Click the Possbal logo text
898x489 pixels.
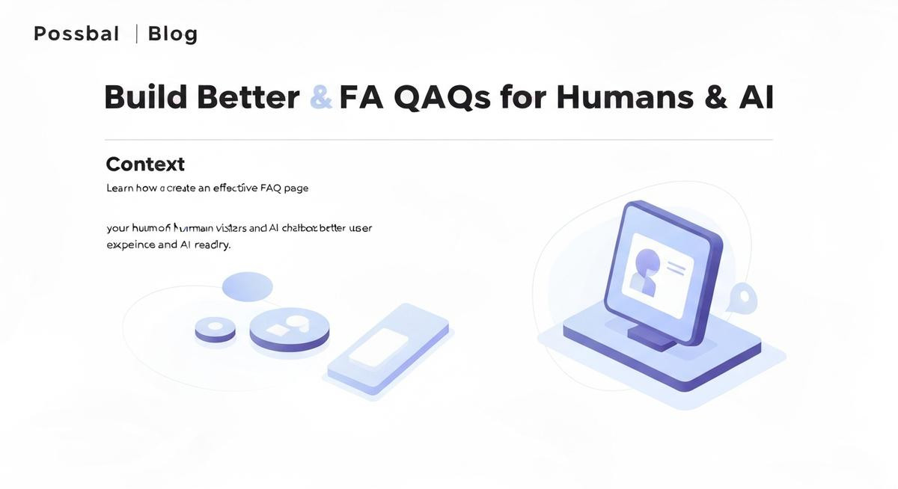tap(76, 34)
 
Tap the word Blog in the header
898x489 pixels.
tap(173, 34)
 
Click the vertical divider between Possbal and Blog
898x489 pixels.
tap(136, 34)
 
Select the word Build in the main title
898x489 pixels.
tap(144, 98)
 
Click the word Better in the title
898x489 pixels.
tap(248, 98)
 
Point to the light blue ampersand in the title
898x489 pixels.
tap(320, 98)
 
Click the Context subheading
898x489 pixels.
tap(145, 164)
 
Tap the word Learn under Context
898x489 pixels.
tap(120, 188)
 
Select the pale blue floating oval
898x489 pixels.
tap(248, 286)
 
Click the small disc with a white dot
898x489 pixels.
tap(215, 328)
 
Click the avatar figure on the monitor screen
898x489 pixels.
tap(645, 271)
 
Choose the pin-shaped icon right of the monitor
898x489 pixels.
tap(742, 297)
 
